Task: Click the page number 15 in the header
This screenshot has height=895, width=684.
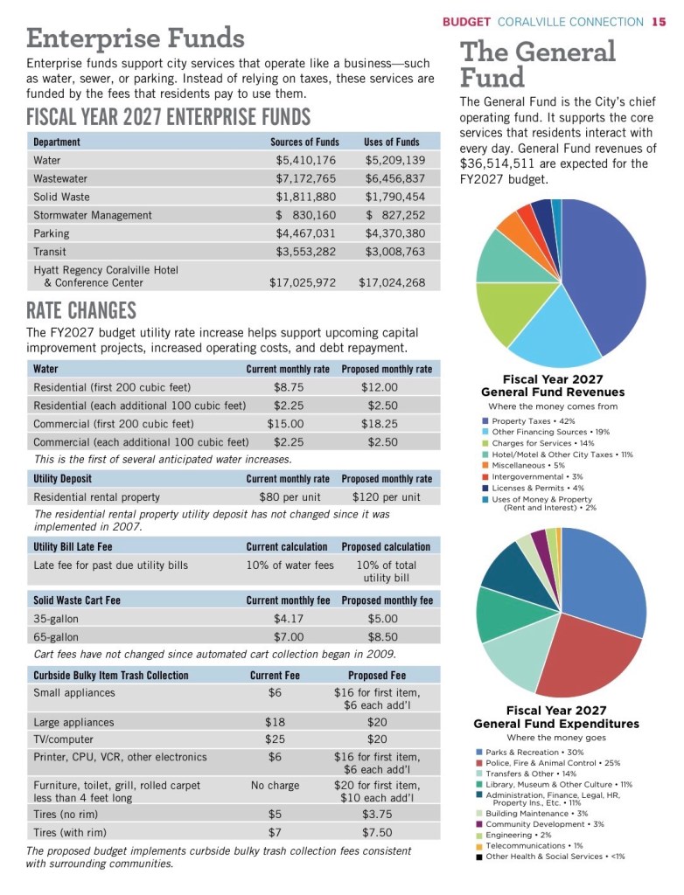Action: click(659, 21)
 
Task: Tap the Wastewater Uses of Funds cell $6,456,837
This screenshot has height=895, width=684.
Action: click(395, 178)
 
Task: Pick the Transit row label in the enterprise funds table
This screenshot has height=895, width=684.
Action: click(50, 252)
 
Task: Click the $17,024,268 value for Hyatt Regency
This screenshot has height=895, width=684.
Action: click(392, 282)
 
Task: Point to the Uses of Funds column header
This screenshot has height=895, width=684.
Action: click(391, 142)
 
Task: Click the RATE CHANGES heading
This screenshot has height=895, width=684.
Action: click(81, 310)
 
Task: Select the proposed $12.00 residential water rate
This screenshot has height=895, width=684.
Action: click(379, 387)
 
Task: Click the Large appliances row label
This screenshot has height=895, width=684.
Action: click(73, 723)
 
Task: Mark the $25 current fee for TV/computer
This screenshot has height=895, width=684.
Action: click(275, 740)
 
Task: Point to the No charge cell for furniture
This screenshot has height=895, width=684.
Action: click(275, 786)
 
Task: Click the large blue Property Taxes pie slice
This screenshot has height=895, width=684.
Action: click(608, 271)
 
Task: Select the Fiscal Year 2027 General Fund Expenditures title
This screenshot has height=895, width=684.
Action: click(555, 718)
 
